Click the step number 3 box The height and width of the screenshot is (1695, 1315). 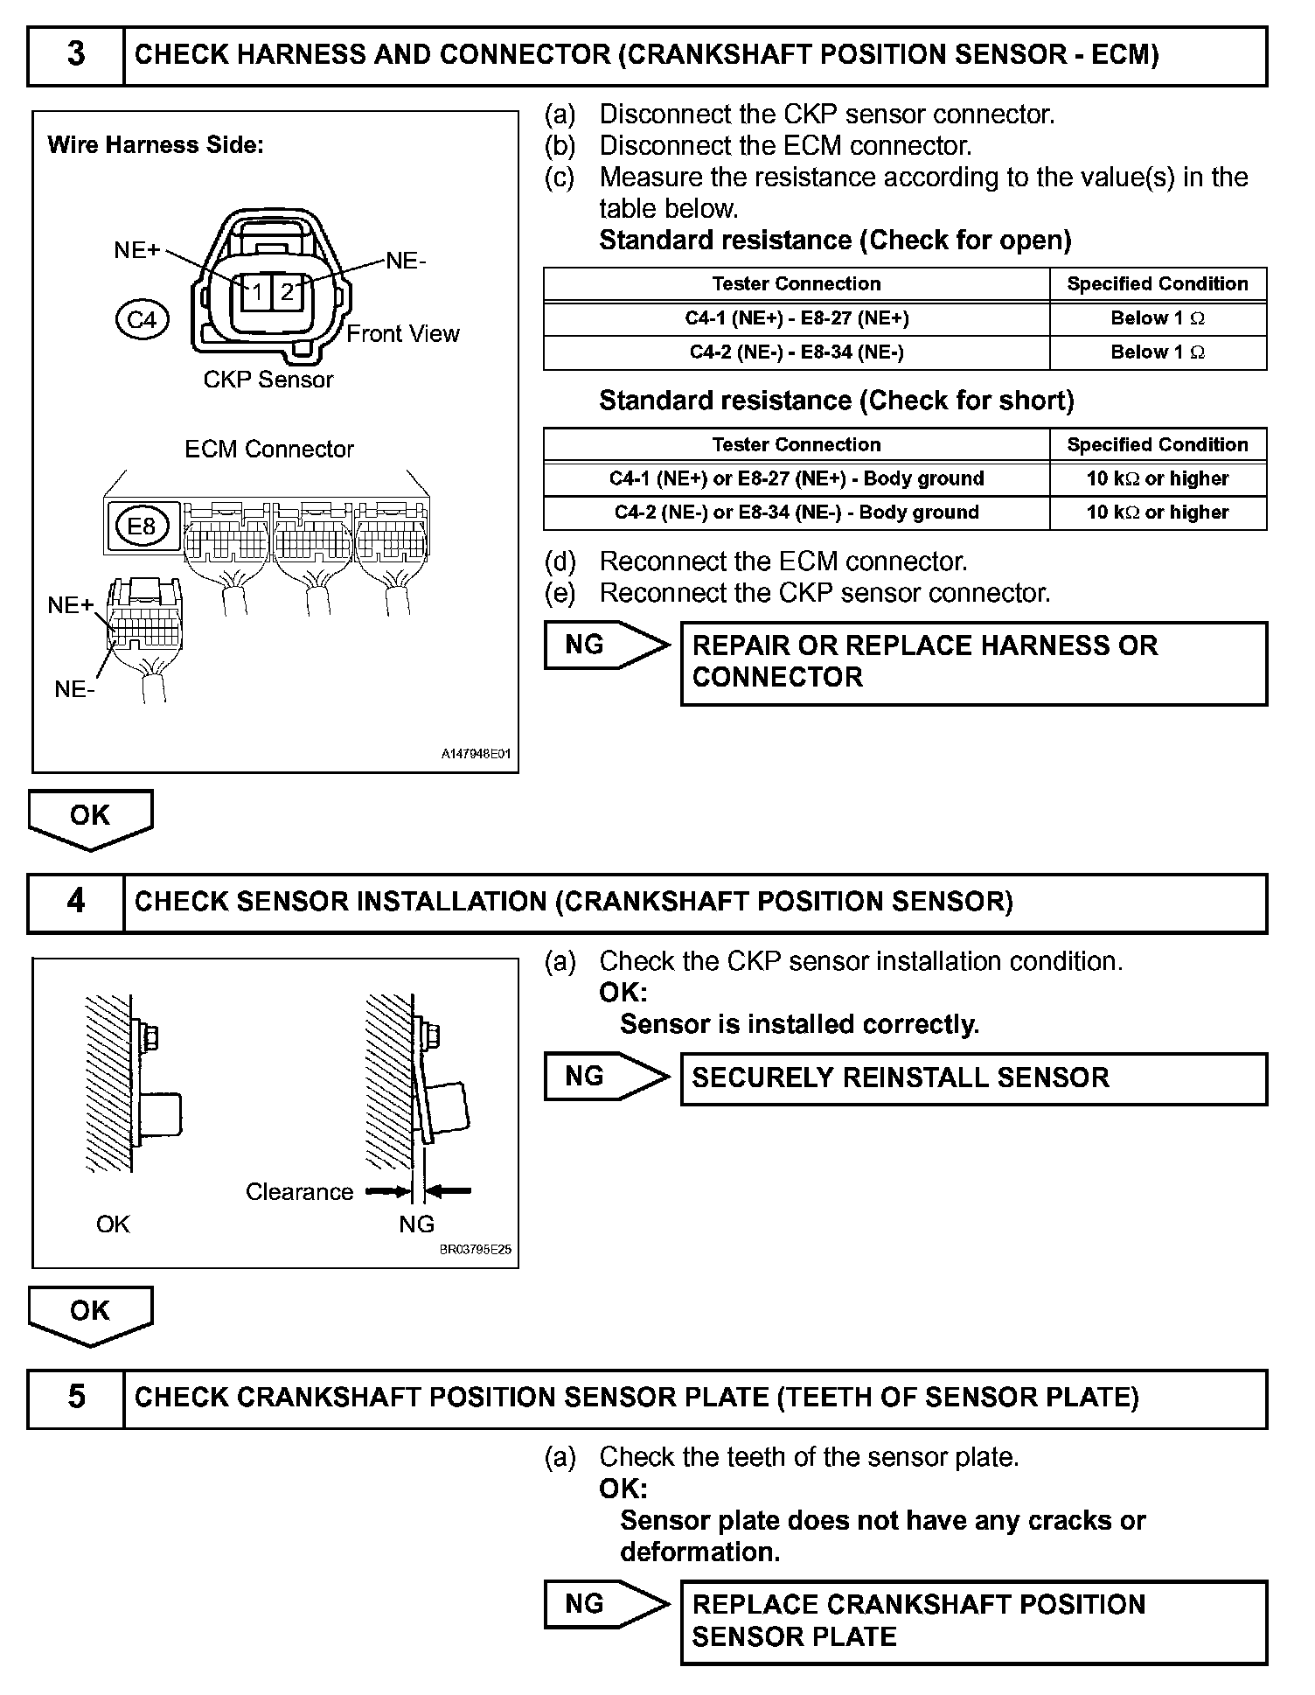tap(76, 55)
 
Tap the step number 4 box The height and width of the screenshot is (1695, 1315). tap(76, 902)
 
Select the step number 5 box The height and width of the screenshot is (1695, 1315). tap(76, 1397)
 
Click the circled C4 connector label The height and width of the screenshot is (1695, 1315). tap(142, 320)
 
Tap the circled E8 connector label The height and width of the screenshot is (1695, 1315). tap(142, 526)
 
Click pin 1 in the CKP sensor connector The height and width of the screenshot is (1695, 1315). tap(257, 292)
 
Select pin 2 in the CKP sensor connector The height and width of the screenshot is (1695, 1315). tap(287, 292)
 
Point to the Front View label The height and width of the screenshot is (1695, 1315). tap(402, 334)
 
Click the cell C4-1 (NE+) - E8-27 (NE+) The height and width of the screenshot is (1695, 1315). tap(797, 318)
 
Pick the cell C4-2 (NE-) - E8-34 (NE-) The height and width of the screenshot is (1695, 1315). tap(797, 352)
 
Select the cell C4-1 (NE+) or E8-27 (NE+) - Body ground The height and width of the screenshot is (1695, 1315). tap(797, 478)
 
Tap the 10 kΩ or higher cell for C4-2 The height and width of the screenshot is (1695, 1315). tap(1158, 513)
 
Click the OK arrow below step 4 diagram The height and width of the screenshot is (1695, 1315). tap(91, 1315)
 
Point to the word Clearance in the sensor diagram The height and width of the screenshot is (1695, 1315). tap(299, 1192)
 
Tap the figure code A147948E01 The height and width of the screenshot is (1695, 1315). tap(476, 754)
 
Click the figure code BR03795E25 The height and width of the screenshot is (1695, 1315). tap(476, 1250)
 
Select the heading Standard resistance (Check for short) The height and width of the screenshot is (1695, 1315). tap(837, 401)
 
